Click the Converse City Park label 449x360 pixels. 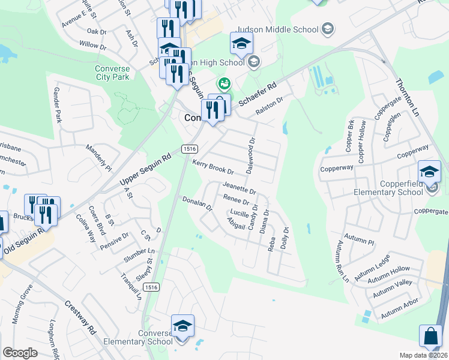(x=112, y=73)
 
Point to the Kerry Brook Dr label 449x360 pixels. (x=212, y=167)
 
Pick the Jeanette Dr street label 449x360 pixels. (x=239, y=188)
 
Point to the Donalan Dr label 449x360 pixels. (x=197, y=204)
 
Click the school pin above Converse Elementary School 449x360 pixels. (x=182, y=326)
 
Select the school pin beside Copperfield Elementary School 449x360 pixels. (x=429, y=172)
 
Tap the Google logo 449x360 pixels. (x=20, y=353)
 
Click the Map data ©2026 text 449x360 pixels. (x=423, y=355)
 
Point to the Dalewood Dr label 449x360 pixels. (x=251, y=152)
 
